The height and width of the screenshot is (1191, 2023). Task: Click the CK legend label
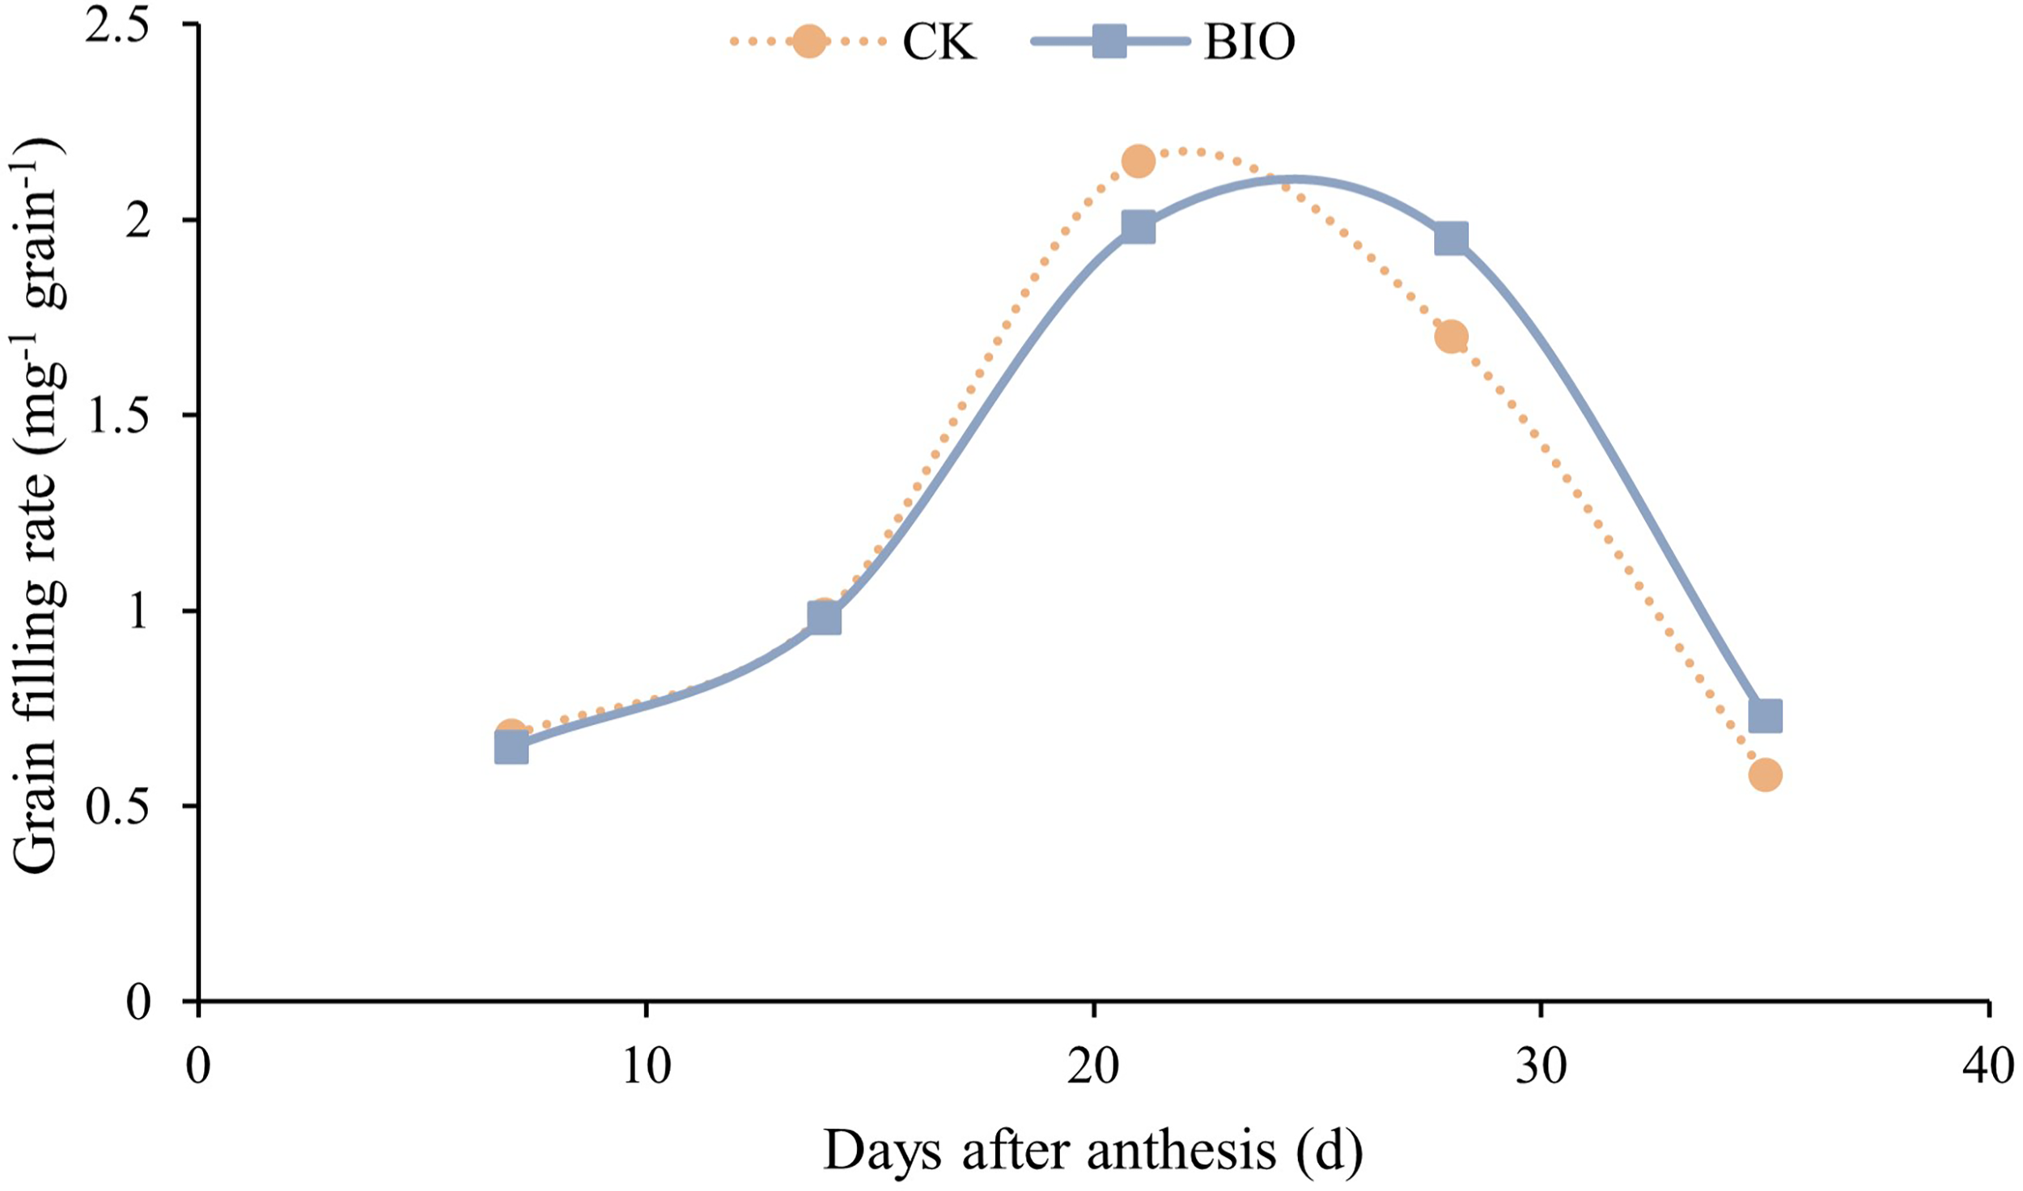pyautogui.click(x=939, y=41)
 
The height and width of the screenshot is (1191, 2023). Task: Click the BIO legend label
pyautogui.click(x=1249, y=41)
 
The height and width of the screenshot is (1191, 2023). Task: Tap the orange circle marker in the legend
pyautogui.click(x=809, y=41)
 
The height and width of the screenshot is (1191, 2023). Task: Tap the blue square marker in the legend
pyautogui.click(x=1109, y=41)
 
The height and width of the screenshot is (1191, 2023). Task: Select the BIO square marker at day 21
pyautogui.click(x=1138, y=228)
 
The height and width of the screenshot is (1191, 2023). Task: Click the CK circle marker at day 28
pyautogui.click(x=1451, y=337)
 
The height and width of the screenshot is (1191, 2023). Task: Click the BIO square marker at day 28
pyautogui.click(x=1451, y=239)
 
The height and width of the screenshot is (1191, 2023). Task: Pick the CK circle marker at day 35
pyautogui.click(x=1765, y=775)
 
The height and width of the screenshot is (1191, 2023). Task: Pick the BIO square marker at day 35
pyautogui.click(x=1765, y=716)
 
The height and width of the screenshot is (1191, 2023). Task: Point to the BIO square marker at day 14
pyautogui.click(x=824, y=619)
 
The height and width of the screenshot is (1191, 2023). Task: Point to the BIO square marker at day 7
pyautogui.click(x=511, y=748)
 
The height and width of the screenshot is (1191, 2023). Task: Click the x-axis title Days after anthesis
pyautogui.click(x=1092, y=1151)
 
